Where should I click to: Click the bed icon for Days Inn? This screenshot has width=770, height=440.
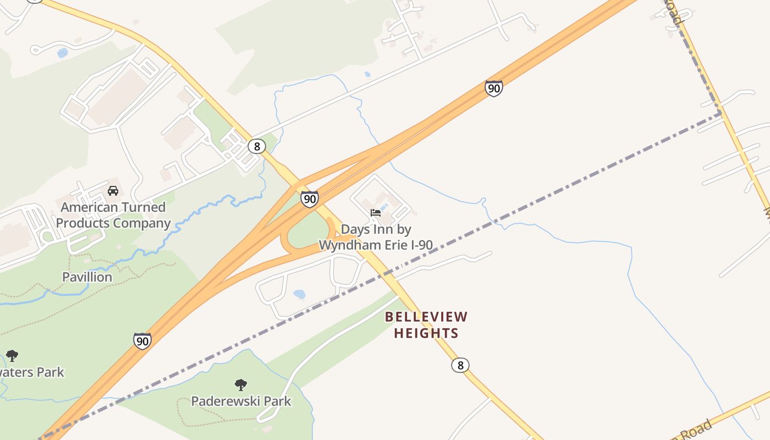(x=376, y=213)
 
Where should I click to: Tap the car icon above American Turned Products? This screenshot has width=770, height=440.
(x=113, y=191)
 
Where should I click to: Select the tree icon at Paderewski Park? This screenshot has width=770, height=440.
(x=240, y=384)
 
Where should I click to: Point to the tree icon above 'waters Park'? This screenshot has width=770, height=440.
(x=12, y=356)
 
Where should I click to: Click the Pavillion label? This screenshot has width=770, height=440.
(x=87, y=277)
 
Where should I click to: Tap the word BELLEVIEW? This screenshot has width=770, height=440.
(x=426, y=317)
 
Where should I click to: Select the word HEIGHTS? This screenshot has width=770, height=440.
(x=426, y=333)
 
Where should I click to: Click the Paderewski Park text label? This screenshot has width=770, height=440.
(x=241, y=401)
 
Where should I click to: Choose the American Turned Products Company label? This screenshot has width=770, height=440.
(x=113, y=215)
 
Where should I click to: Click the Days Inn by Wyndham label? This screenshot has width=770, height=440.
(x=376, y=237)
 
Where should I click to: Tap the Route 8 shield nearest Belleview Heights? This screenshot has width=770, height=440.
(x=460, y=365)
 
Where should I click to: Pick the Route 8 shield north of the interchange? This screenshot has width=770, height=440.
(x=256, y=146)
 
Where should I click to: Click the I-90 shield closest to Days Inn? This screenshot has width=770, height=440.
(x=310, y=199)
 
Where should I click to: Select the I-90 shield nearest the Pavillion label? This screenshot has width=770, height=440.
(x=142, y=341)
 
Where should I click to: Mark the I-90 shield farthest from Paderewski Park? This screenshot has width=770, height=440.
(x=493, y=87)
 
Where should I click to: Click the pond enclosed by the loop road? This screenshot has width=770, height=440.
(x=299, y=294)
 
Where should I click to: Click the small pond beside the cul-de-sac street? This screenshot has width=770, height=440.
(x=63, y=53)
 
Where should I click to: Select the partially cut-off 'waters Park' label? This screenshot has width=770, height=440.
(x=32, y=372)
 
